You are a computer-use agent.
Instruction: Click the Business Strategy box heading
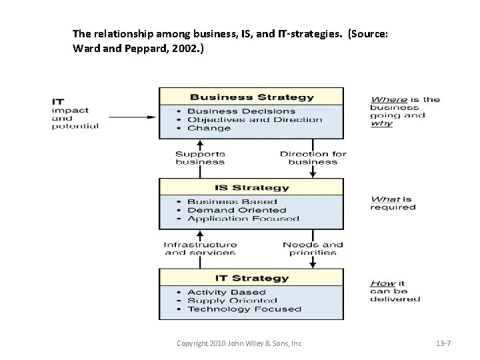251,97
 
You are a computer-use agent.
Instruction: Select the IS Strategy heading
251,187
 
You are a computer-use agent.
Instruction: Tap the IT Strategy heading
251,278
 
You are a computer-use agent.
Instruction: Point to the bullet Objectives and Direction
254,120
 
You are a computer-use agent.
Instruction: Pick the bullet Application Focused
243,219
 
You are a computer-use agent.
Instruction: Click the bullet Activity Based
226,292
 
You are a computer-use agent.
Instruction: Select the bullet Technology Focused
244,309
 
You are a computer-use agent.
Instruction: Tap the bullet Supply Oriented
232,301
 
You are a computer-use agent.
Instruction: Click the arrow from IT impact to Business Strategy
131,117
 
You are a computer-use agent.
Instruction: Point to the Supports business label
200,158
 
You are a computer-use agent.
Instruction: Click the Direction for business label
313,158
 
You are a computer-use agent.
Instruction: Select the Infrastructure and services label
200,249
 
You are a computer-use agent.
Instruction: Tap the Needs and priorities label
313,249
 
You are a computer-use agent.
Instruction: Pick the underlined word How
383,283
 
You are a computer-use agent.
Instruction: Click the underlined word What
385,199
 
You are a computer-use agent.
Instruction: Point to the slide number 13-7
443,343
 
